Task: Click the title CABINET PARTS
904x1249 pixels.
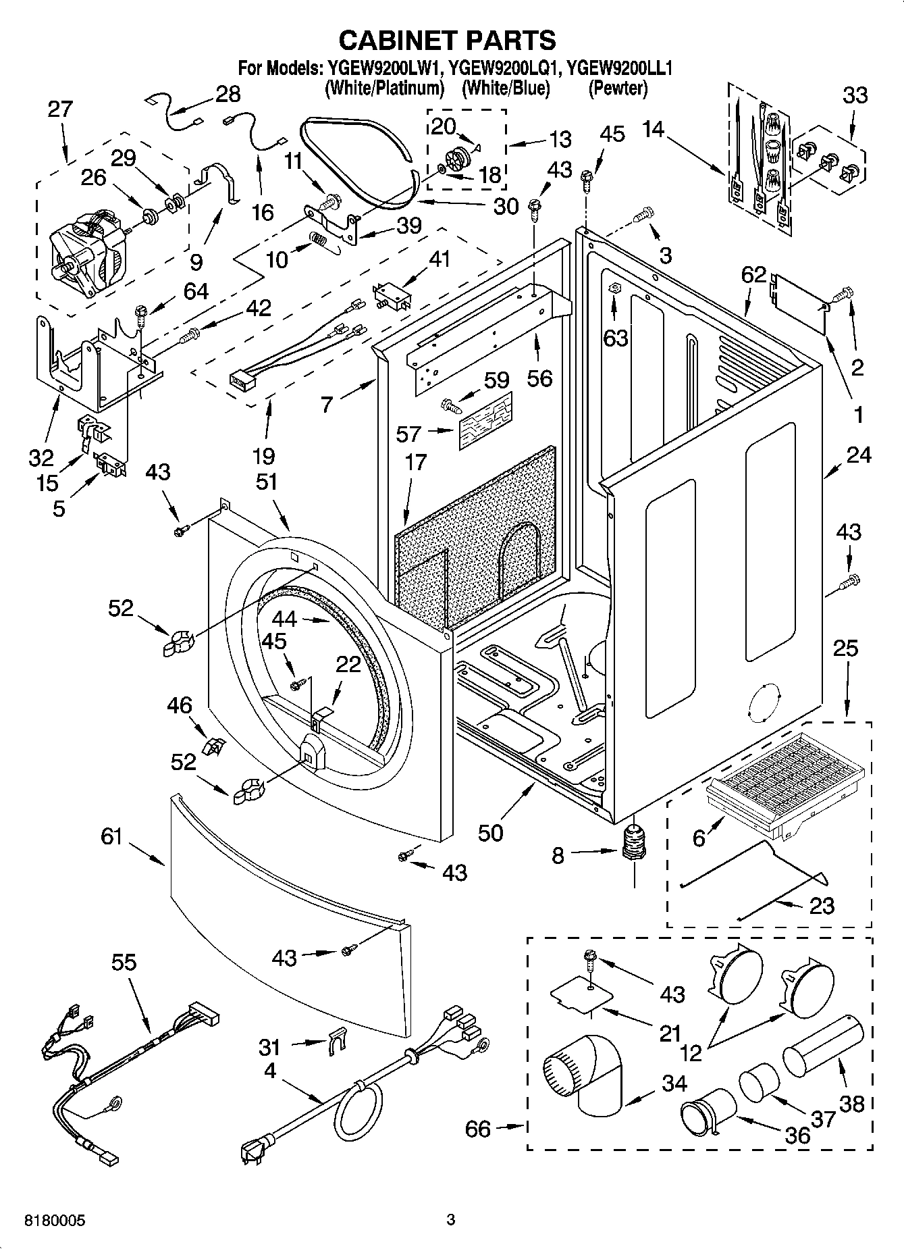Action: [447, 41]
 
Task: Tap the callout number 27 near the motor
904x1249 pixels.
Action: [60, 109]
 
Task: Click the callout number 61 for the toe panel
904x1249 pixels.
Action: [111, 837]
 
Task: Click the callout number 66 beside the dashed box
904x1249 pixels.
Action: [478, 1129]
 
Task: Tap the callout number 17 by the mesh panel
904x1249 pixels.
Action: [416, 462]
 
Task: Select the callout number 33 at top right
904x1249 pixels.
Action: [855, 95]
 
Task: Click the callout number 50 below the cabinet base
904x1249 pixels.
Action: [491, 833]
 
